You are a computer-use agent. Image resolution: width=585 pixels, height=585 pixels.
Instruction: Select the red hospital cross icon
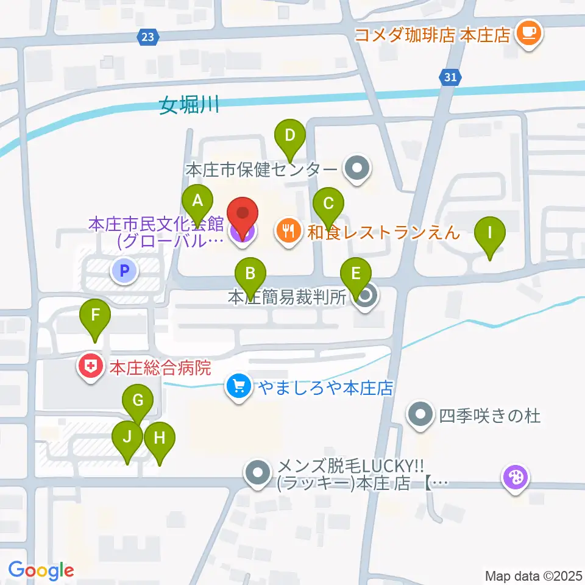[90, 367]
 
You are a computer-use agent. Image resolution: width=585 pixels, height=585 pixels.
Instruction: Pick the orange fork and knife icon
[286, 230]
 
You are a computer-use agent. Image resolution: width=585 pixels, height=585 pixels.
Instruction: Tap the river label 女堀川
[190, 105]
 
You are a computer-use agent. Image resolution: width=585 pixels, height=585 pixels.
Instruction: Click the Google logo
[41, 570]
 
